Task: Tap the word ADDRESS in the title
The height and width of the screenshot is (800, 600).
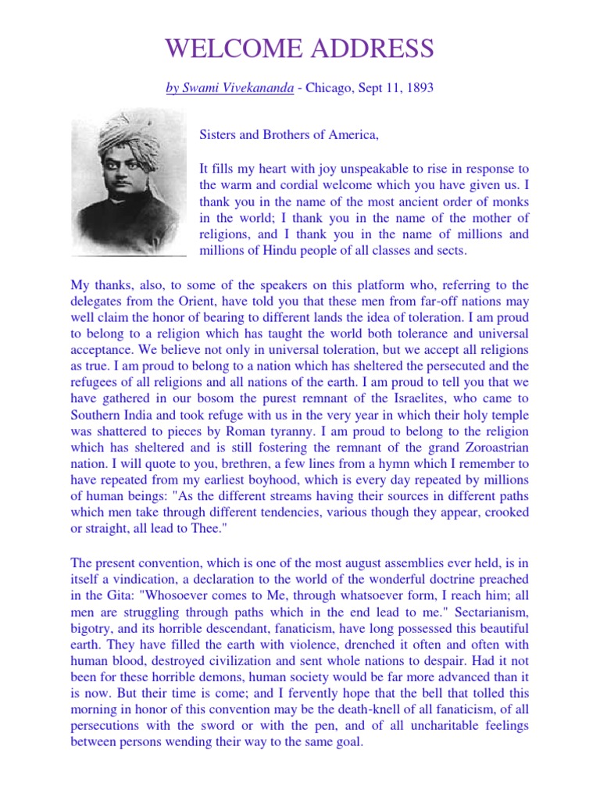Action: tap(372, 48)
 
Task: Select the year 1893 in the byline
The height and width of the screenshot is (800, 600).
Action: tap(417, 88)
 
